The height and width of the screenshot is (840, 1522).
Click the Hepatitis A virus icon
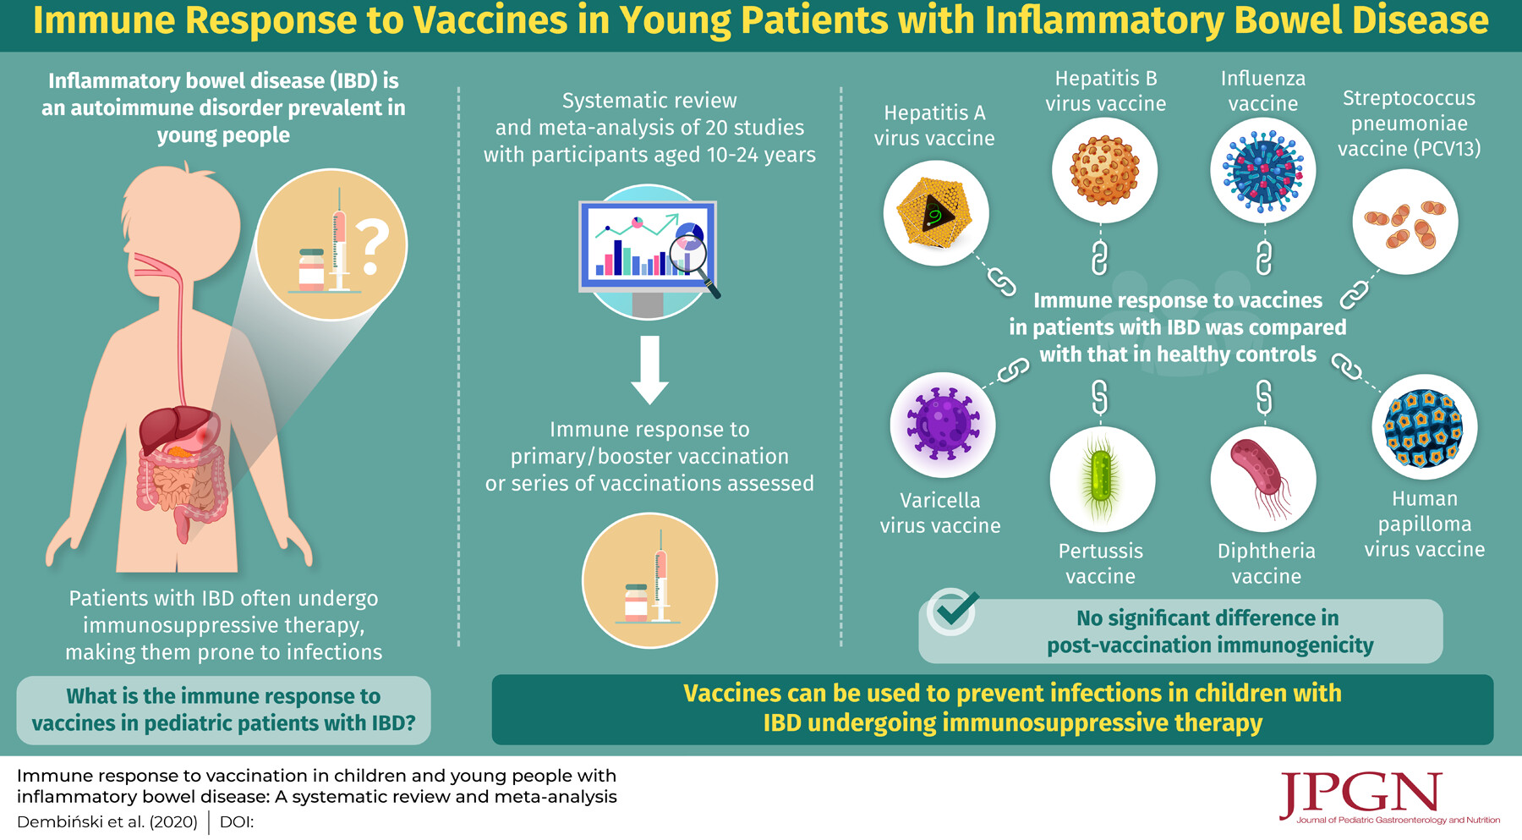[934, 212]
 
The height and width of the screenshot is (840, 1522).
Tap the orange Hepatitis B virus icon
[1104, 171]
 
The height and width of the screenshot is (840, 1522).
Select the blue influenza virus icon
[1263, 171]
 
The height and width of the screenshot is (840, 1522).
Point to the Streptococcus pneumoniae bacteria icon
[1405, 223]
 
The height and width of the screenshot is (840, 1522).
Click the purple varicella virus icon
[943, 423]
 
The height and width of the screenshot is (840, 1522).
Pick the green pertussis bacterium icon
[1101, 479]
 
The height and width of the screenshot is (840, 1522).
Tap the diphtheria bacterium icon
[1262, 478]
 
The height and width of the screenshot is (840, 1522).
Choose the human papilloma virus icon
[1425, 428]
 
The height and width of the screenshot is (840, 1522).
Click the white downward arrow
[649, 370]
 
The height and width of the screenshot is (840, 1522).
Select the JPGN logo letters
[1360, 793]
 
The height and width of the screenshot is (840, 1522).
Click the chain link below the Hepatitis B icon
[1099, 258]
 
